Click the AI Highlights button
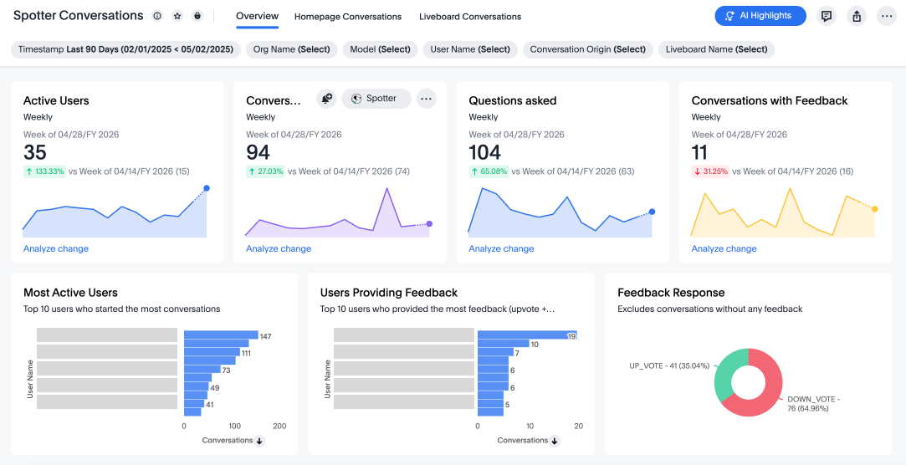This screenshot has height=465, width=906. (x=760, y=16)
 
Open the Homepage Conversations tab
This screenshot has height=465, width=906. (x=348, y=17)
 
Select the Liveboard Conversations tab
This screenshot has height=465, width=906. (x=470, y=17)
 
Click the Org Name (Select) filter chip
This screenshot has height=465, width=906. (x=291, y=49)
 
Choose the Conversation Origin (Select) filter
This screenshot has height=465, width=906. (x=588, y=49)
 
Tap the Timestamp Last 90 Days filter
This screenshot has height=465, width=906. (x=125, y=49)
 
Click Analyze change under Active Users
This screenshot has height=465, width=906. (x=56, y=248)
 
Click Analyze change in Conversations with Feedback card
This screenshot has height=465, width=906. (x=724, y=248)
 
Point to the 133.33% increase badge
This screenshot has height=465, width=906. (x=44, y=171)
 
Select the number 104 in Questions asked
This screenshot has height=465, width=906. (x=484, y=152)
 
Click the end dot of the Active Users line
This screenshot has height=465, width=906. (x=207, y=188)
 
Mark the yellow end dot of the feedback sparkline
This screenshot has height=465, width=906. (x=875, y=208)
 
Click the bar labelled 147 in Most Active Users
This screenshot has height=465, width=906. (x=221, y=335)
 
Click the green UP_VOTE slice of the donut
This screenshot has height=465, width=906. (x=724, y=374)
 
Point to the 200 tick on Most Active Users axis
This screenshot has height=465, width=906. (x=279, y=426)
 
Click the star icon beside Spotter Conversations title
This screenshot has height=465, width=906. (x=177, y=16)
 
